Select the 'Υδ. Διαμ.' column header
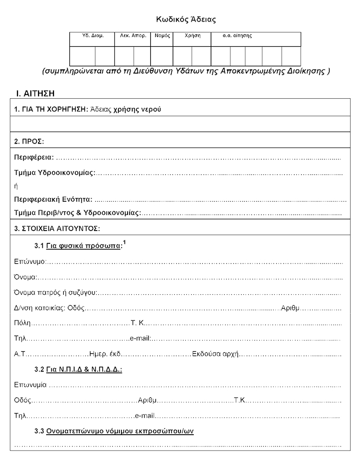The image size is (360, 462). [x=93, y=36]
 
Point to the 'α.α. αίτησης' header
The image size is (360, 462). [x=237, y=36]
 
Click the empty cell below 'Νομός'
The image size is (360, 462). [x=161, y=56]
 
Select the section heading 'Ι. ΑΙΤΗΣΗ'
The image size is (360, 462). [x=35, y=94]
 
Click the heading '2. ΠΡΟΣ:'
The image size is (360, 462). [x=29, y=141]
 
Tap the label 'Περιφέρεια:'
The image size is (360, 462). [x=34, y=157]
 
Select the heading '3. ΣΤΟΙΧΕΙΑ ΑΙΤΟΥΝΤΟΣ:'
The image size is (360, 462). [x=57, y=227]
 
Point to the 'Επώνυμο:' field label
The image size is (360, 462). [x=30, y=262]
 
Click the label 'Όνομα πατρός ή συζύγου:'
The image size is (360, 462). [x=56, y=293]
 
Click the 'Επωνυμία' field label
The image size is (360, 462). [x=30, y=385]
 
